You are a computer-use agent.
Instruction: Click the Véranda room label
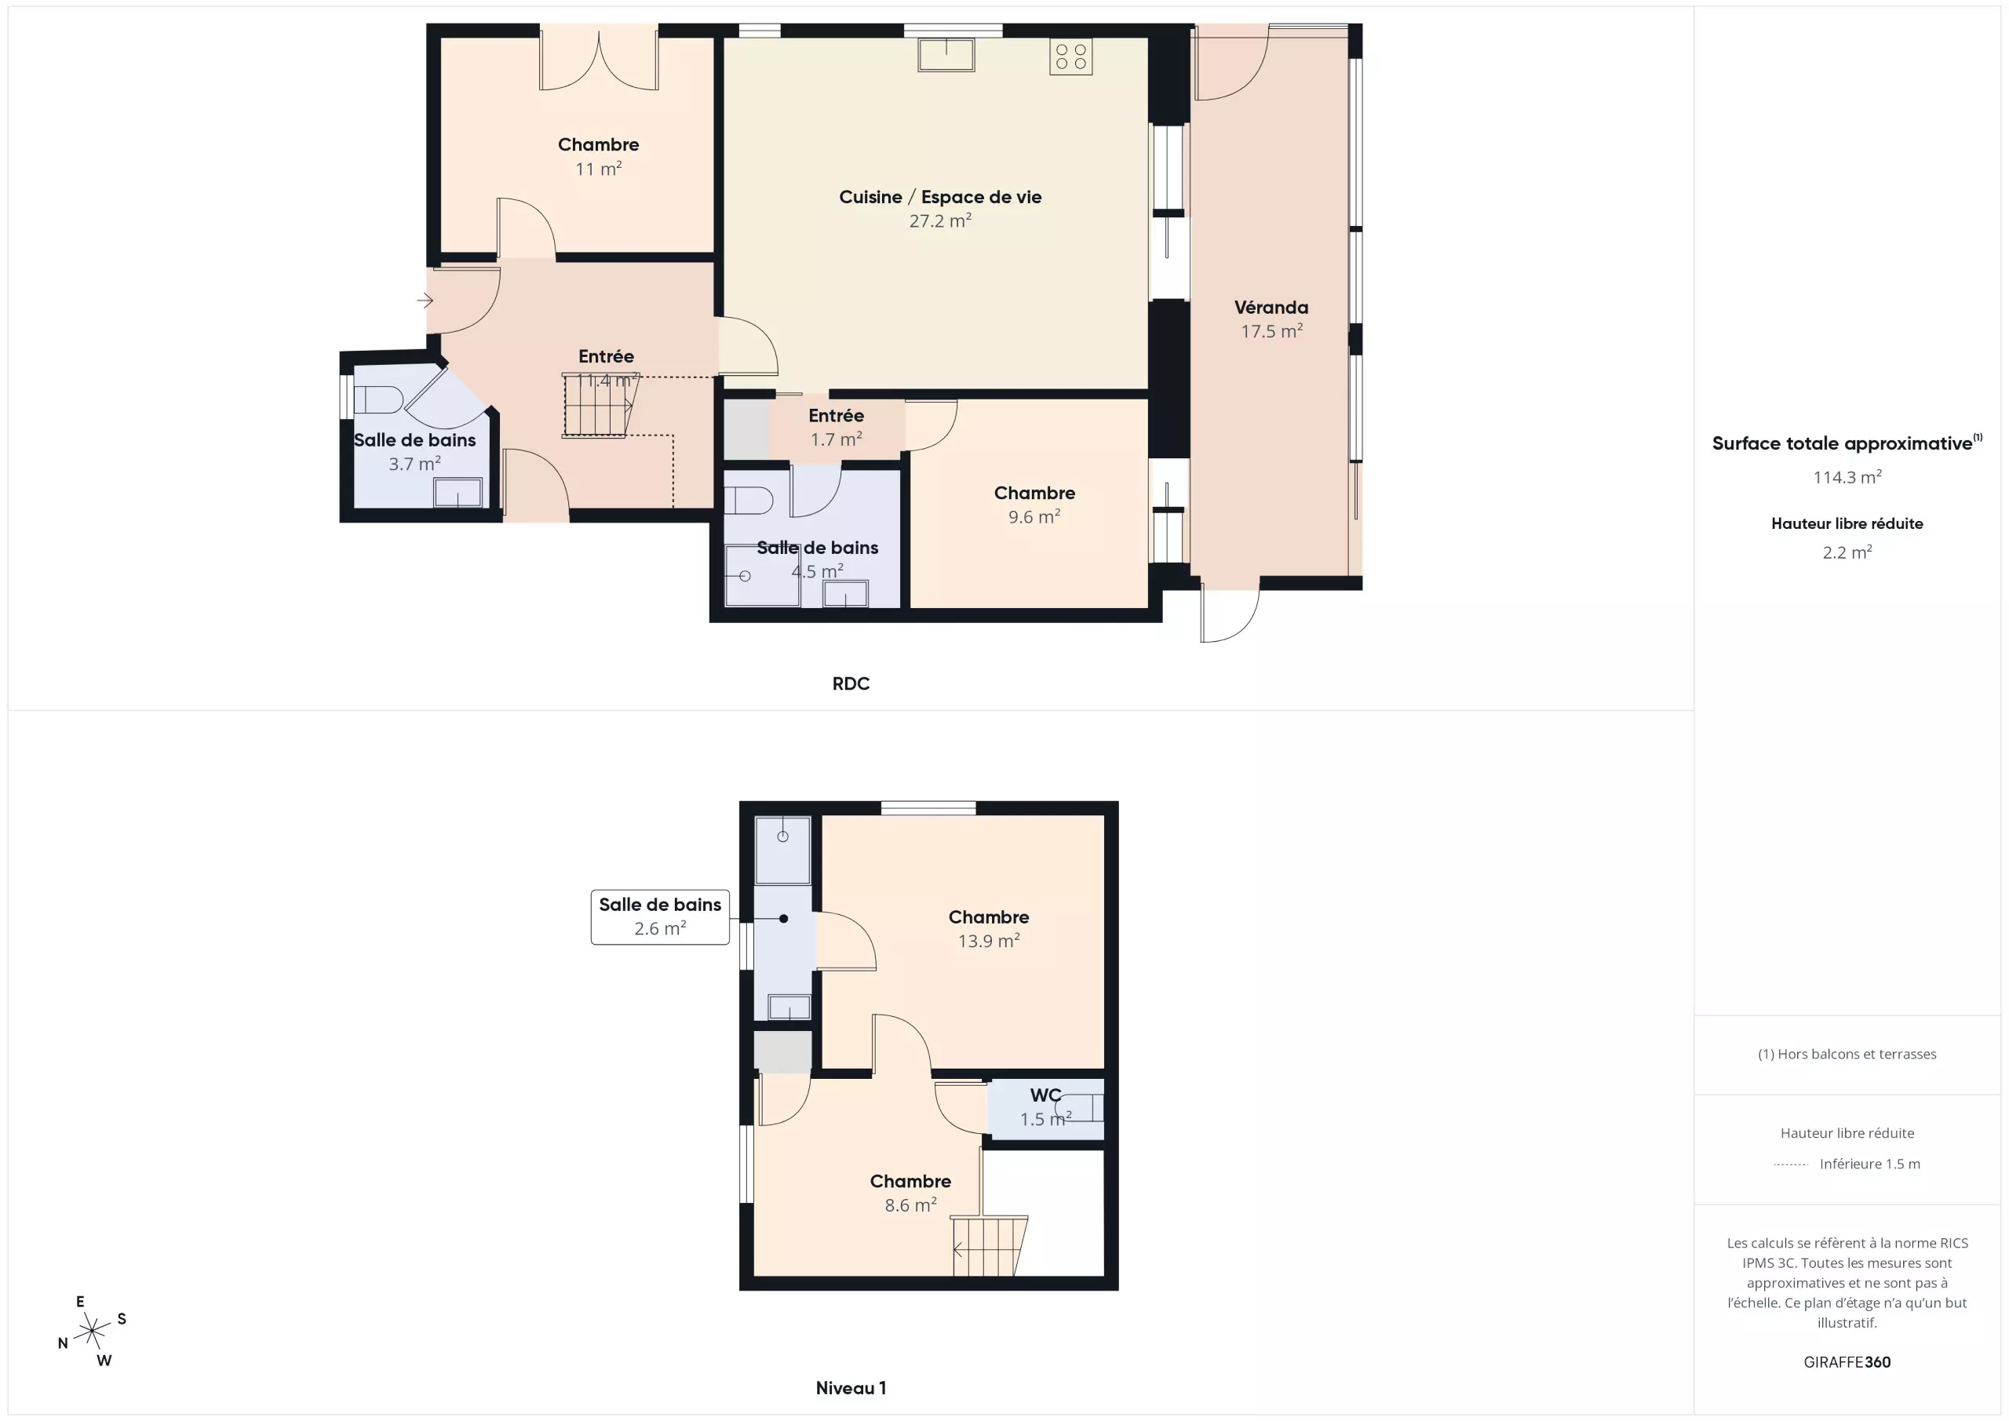(x=1271, y=307)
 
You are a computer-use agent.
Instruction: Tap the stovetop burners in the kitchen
(x=1071, y=56)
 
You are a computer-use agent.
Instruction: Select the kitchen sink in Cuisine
(x=946, y=54)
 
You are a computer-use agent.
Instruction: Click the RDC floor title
(x=851, y=683)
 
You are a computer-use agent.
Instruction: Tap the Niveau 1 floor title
(x=851, y=1388)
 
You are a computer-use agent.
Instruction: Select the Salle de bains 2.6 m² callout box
(x=660, y=917)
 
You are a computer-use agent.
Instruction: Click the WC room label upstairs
(x=1045, y=1095)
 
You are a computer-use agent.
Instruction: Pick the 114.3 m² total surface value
(x=1847, y=477)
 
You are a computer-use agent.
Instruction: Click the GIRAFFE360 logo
(x=1847, y=1361)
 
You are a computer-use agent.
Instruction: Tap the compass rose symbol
(x=92, y=1331)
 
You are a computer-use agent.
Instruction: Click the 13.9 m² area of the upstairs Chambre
(x=989, y=941)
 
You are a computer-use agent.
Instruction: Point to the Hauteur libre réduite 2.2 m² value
(x=1847, y=552)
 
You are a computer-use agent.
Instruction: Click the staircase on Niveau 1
(x=990, y=1245)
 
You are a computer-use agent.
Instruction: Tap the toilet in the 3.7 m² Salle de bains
(x=377, y=400)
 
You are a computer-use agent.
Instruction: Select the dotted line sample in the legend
(x=1790, y=1164)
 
